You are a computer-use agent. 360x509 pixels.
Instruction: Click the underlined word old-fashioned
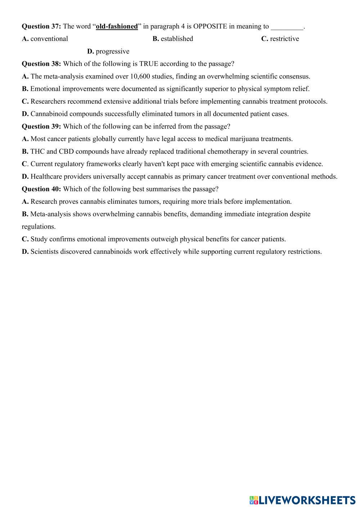click(117, 26)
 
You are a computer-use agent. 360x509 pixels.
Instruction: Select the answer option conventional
click(49, 39)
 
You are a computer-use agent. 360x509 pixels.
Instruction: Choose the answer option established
click(176, 39)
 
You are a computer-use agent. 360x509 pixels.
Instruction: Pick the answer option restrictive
click(284, 39)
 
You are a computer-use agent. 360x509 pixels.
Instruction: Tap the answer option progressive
click(112, 51)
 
